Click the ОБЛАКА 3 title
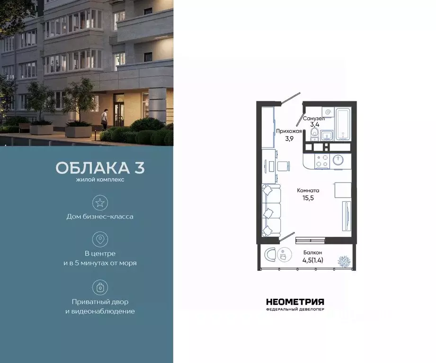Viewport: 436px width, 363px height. tap(100, 168)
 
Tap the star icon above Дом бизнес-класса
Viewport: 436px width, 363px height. tap(100, 203)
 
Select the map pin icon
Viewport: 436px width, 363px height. tap(100, 239)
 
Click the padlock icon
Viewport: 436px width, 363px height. tap(100, 287)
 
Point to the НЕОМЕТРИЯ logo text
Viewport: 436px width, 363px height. tap(295, 302)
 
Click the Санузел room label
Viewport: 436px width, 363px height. tap(313, 119)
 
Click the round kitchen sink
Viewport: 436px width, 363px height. tap(338, 160)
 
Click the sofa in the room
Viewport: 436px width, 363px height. tap(271, 210)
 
